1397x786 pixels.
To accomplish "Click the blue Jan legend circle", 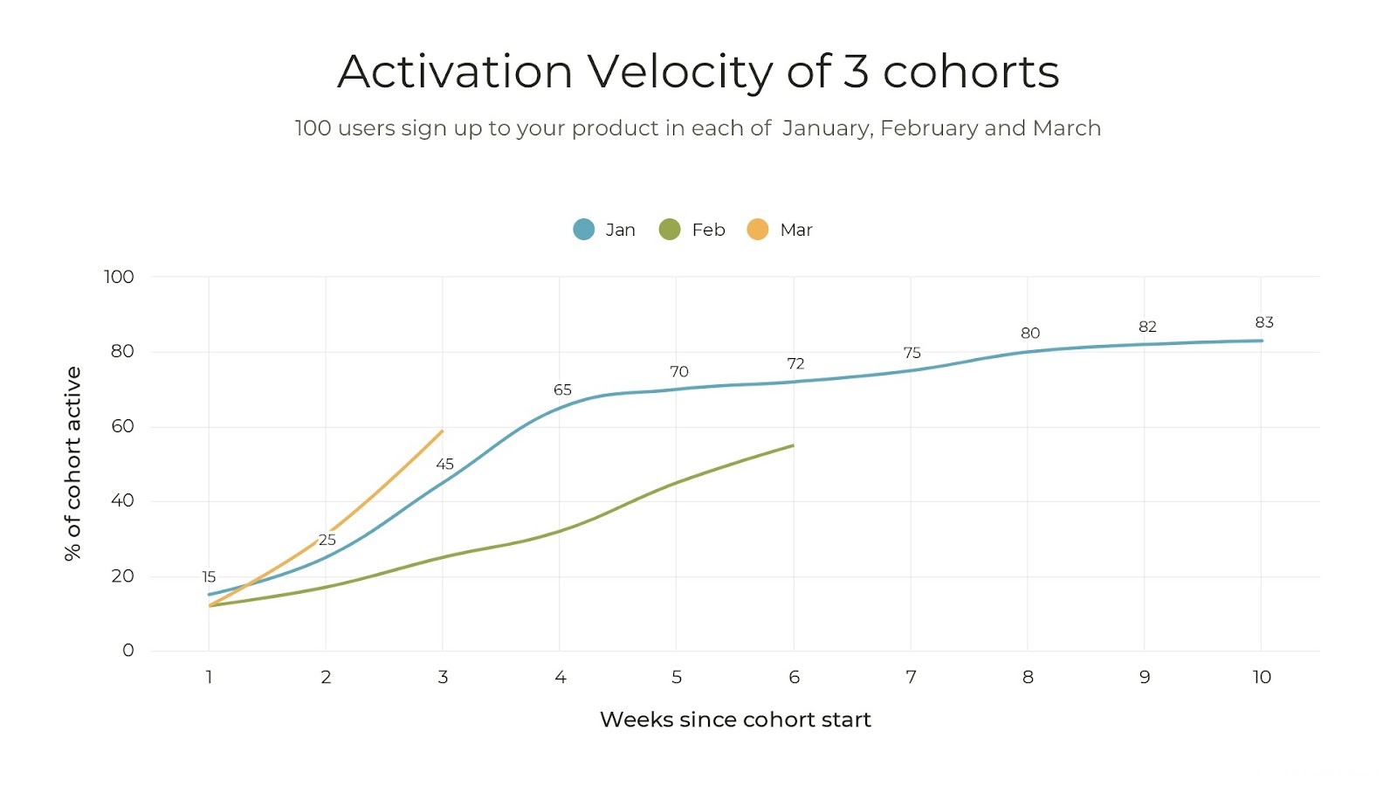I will [x=583, y=230].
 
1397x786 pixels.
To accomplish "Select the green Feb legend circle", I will [x=670, y=230].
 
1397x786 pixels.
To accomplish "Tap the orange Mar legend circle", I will [x=757, y=230].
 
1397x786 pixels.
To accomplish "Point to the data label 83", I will [x=1263, y=322].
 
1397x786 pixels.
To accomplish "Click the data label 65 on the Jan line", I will [x=562, y=390].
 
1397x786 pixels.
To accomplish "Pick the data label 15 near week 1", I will [x=209, y=576].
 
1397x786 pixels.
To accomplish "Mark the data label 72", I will [x=795, y=363].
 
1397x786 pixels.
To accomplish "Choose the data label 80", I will [x=1030, y=333].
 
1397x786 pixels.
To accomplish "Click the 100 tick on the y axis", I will [x=119, y=277].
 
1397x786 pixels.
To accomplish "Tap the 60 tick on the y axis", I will [x=122, y=426].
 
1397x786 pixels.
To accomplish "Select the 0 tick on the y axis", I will [x=128, y=650].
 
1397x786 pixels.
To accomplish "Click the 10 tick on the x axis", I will [x=1261, y=677].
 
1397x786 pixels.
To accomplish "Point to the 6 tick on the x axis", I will [x=794, y=677].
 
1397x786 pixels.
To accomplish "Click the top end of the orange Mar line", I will [x=442, y=431].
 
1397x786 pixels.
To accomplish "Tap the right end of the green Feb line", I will [x=792, y=446].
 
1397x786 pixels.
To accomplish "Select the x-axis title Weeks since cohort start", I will [x=735, y=720].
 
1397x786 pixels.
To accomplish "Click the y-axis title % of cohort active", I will [x=72, y=463].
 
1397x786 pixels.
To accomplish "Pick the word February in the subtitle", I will [x=928, y=128].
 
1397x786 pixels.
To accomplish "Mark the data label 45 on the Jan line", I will [x=444, y=464].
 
